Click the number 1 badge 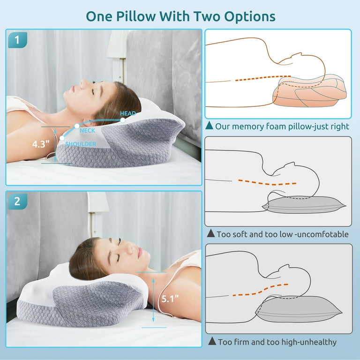[17, 40]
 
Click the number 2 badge [17, 202]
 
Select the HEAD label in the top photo [128, 113]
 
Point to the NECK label [88, 131]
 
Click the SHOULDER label [81, 144]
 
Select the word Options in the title [244, 16]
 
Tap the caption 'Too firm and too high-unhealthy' [277, 342]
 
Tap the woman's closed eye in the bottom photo [118, 256]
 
